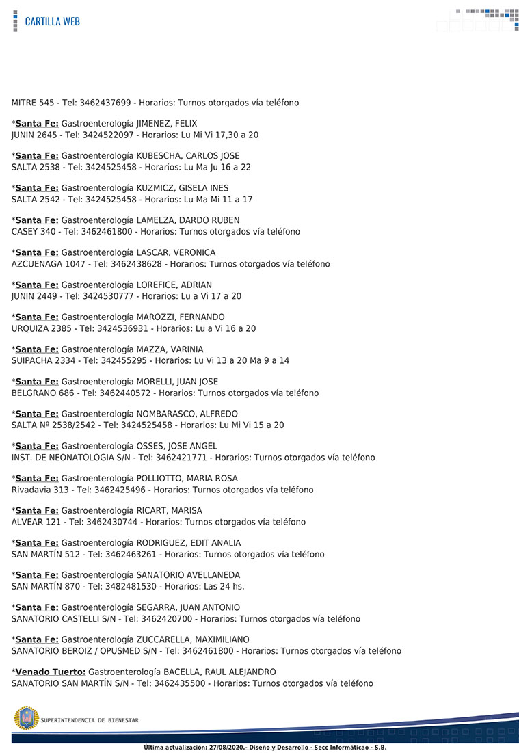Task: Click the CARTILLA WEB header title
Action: click(x=52, y=21)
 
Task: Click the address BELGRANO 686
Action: click(x=42, y=393)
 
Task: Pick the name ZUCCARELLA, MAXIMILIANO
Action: click(x=190, y=639)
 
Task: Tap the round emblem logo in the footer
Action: click(x=27, y=719)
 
